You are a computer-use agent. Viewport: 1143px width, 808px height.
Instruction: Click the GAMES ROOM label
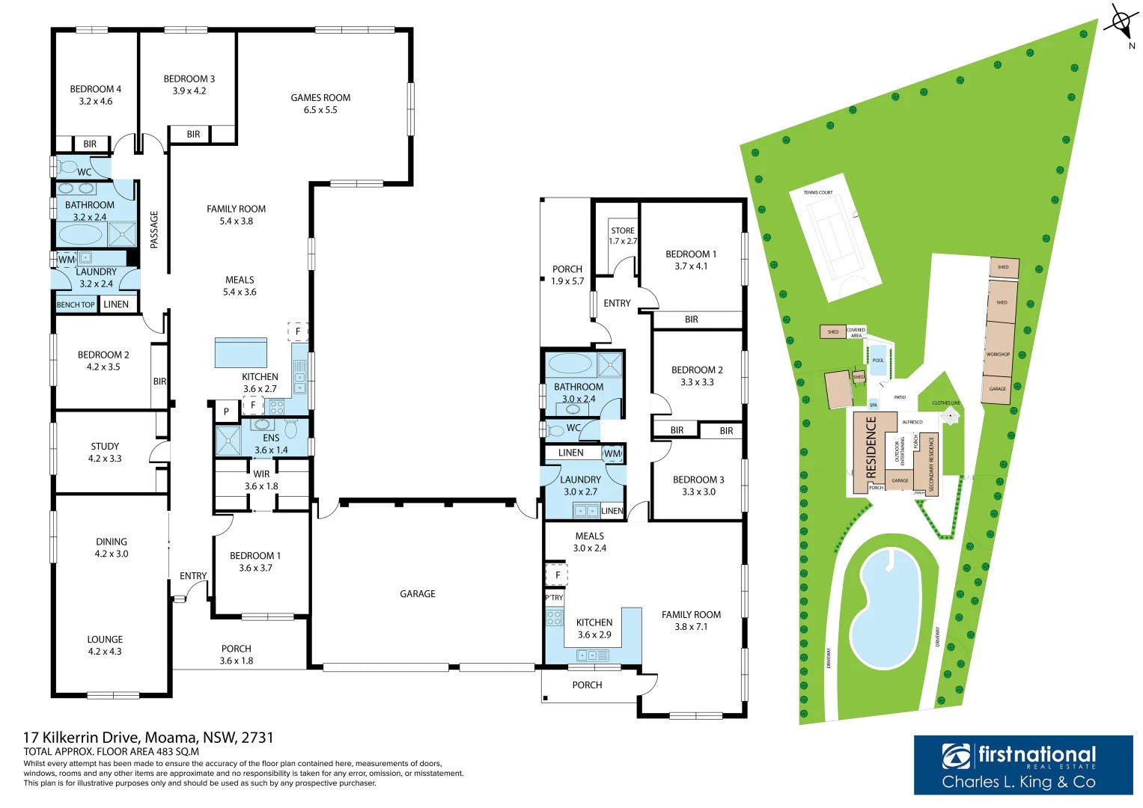[x=320, y=98]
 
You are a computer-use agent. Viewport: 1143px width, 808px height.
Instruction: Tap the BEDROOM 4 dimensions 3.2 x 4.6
[x=96, y=102]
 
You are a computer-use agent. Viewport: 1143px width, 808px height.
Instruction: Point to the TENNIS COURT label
[x=817, y=193]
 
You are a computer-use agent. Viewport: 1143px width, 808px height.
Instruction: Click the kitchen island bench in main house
[x=240, y=352]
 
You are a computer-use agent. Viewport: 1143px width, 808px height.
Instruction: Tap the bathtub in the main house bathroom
[x=80, y=235]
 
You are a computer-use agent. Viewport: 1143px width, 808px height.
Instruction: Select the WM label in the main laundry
[x=67, y=260]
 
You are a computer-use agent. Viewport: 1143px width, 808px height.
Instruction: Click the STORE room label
[x=622, y=231]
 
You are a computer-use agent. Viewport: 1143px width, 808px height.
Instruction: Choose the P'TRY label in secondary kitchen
[x=554, y=597]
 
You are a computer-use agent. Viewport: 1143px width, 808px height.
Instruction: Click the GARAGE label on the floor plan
[x=417, y=594]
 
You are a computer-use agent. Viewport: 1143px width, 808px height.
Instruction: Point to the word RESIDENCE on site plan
[x=871, y=447]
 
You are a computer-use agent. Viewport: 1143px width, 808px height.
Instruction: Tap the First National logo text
[x=1037, y=755]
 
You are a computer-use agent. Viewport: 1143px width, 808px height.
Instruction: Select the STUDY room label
[x=105, y=446]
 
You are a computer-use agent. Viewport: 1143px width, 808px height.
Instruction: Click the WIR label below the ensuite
[x=261, y=474]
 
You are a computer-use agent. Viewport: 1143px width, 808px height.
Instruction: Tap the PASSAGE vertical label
[x=154, y=230]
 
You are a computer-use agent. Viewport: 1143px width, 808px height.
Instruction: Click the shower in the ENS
[x=228, y=441]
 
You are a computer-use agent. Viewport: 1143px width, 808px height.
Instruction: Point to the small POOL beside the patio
[x=878, y=360]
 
